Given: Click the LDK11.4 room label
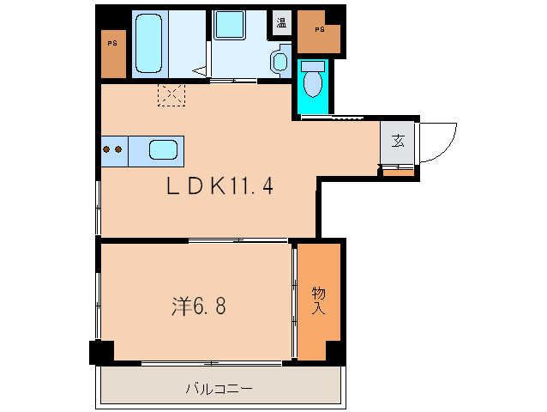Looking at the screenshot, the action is tap(219, 185).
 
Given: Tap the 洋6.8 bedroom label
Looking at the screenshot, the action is tap(199, 306).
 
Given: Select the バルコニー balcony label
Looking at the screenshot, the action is tap(219, 388).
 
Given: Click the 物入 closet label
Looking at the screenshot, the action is tap(318, 300).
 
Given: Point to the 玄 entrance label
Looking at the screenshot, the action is tap(398, 141).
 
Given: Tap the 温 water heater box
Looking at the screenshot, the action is tap(281, 22).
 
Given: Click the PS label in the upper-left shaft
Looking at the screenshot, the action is tap(112, 44).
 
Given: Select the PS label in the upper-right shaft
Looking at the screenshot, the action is tap(320, 30).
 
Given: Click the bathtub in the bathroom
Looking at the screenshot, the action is tap(149, 43).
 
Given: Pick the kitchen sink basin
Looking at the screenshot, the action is tap(163, 150).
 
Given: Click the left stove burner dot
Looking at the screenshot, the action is tap(107, 149).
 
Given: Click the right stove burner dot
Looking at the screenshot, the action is tap(118, 149).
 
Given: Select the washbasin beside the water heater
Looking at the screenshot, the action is tap(280, 62).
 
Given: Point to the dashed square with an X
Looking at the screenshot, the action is tap(171, 94).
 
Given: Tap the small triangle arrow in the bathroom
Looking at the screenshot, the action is tap(200, 71).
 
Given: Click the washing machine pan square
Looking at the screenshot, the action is tap(229, 24).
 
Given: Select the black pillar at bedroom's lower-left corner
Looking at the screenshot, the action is tap(101, 352).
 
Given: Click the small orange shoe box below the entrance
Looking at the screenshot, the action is tap(399, 173).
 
